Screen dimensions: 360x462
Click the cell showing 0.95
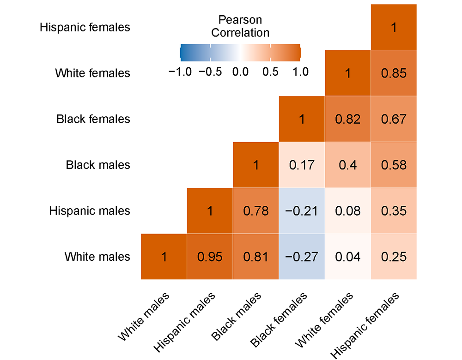[210, 257]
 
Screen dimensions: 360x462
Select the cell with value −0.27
[302, 257]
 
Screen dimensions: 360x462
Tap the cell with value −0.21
[302, 211]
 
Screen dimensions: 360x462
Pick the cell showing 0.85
[394, 73]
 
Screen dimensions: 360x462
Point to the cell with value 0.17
[302, 165]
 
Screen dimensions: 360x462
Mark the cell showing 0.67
[394, 119]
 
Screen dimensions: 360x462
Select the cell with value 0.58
[394, 165]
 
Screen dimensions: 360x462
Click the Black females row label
[93, 119]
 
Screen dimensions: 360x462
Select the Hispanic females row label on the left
[85, 27]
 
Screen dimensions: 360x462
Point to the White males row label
[97, 257]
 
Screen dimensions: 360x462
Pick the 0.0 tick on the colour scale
[240, 72]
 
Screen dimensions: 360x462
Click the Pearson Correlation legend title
[240, 26]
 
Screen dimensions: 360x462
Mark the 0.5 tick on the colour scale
[270, 72]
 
